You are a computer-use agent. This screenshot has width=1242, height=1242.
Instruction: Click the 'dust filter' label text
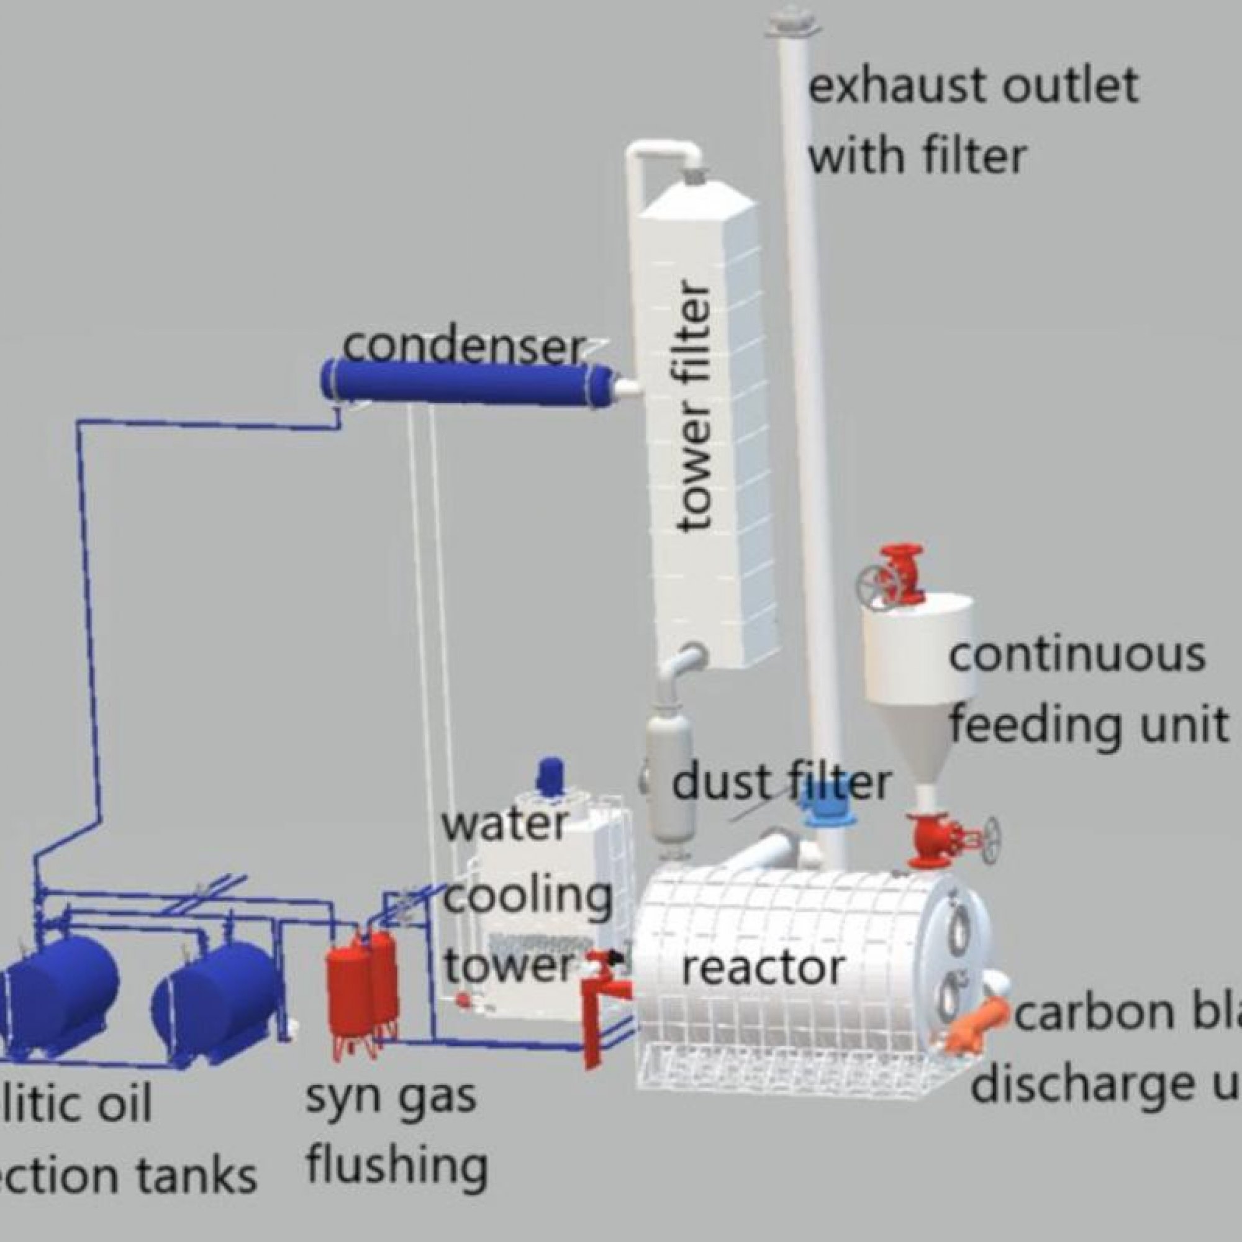(781, 783)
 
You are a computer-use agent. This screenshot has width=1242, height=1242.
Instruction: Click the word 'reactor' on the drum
(762, 969)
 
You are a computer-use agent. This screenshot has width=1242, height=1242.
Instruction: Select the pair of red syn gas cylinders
(361, 984)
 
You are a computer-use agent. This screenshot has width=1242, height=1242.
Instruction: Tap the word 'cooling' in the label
(527, 897)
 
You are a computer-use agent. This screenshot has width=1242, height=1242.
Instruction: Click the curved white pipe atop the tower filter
(662, 154)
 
